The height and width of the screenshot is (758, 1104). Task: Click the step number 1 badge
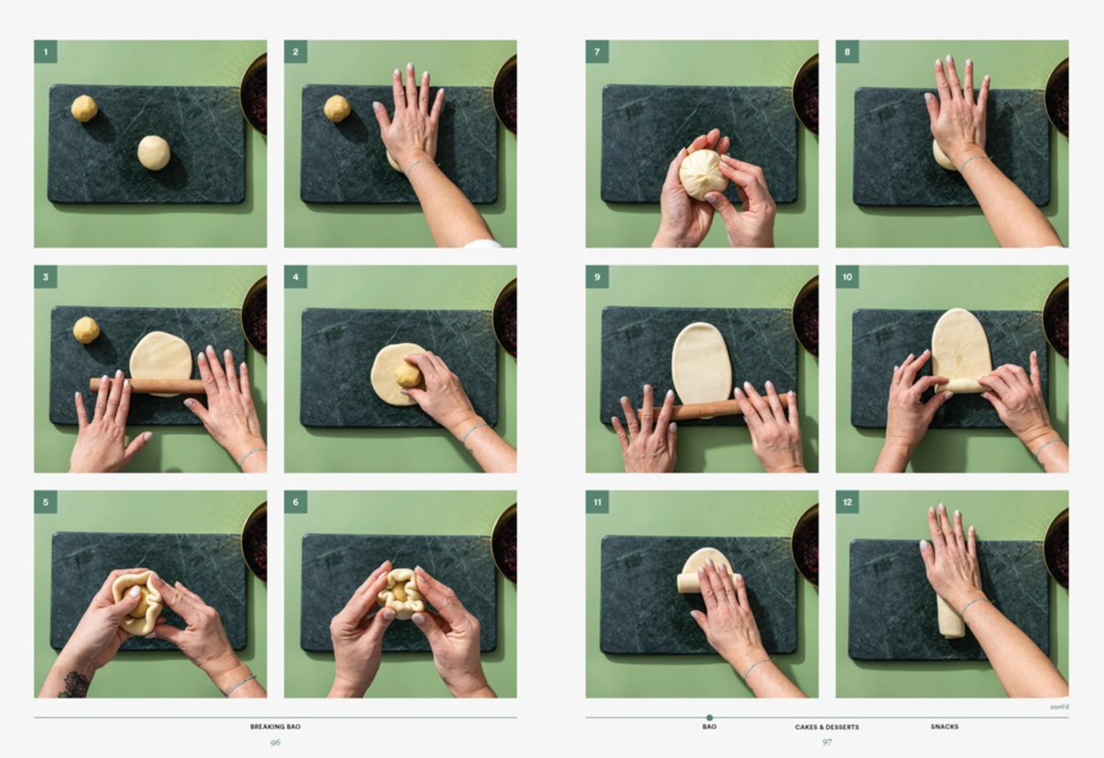tap(46, 52)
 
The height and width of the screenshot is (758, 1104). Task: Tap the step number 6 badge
tap(296, 502)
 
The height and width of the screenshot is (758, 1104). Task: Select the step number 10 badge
tap(847, 277)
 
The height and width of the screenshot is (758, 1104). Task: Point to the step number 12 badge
tap(847, 502)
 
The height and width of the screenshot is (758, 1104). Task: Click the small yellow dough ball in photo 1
tap(84, 108)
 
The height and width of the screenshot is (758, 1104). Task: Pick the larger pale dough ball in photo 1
tap(154, 152)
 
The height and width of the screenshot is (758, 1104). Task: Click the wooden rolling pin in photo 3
tap(148, 385)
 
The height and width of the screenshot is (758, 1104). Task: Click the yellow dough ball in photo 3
tap(87, 330)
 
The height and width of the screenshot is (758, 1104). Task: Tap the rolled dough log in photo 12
tap(951, 615)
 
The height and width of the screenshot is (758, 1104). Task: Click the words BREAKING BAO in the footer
tap(275, 727)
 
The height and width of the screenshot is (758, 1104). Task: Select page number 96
tap(275, 743)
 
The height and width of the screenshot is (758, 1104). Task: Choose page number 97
tap(827, 743)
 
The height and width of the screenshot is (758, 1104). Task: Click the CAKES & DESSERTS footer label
tap(827, 727)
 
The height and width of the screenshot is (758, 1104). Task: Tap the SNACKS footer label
tap(944, 727)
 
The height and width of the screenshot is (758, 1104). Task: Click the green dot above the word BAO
tap(709, 718)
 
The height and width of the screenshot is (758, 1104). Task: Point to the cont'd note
tap(1059, 707)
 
